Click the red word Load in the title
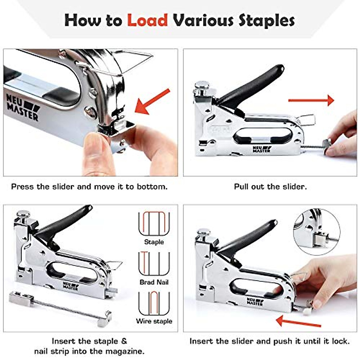[147, 20]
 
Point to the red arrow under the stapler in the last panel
[298, 321]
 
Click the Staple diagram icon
[154, 223]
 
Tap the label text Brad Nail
[154, 282]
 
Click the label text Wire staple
[154, 321]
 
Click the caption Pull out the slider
[270, 187]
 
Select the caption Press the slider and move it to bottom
[89, 187]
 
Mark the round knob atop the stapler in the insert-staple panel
[23, 214]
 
